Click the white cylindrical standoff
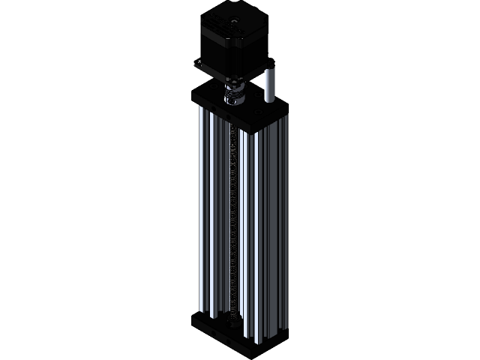[271, 84]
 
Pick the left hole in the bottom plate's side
[211, 328]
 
